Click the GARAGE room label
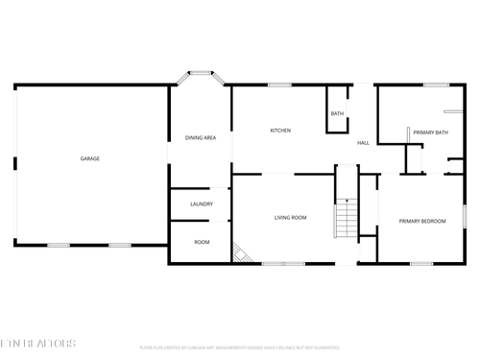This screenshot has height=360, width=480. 89,158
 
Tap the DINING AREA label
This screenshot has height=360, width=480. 201,138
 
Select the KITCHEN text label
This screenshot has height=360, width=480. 280,131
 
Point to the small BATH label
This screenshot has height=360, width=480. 337,114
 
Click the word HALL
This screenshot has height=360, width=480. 364,143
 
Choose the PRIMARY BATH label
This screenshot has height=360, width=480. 431,132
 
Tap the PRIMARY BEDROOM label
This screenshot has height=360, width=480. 422,222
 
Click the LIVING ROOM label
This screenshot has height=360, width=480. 290,218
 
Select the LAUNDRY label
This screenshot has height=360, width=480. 202,204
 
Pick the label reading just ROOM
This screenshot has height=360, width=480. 202,242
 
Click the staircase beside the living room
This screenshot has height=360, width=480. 345,218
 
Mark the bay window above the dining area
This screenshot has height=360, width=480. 201,72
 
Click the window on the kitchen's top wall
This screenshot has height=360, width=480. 279,85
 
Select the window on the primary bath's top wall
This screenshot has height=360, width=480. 436,85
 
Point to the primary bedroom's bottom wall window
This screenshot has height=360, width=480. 421,262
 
